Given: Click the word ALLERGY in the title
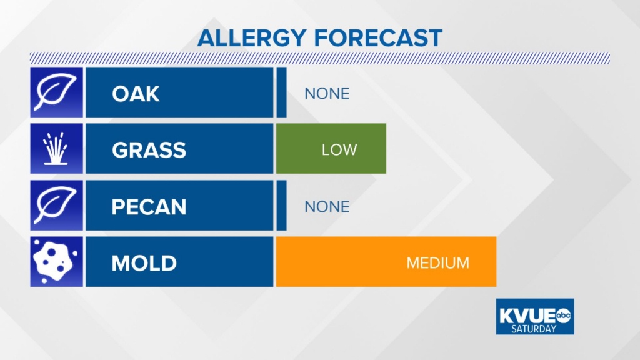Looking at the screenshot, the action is pyautogui.click(x=252, y=38).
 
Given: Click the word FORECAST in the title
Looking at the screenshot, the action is pyautogui.click(x=378, y=38).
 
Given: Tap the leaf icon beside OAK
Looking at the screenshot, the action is pyautogui.click(x=55, y=92).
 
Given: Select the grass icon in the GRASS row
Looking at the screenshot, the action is pyautogui.click(x=56, y=148).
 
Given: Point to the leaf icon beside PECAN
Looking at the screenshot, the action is pyautogui.click(x=55, y=205).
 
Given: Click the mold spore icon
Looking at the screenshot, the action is pyautogui.click(x=54, y=262).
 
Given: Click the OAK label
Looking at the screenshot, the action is pyautogui.click(x=136, y=94).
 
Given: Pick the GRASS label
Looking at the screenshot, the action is pyautogui.click(x=149, y=150).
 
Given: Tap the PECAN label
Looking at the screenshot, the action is pyautogui.click(x=149, y=206).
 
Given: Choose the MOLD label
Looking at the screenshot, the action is pyautogui.click(x=144, y=263).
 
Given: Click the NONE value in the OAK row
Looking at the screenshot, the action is pyautogui.click(x=327, y=94).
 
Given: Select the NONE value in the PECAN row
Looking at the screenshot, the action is pyautogui.click(x=327, y=207).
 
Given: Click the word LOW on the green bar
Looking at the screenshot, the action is pyautogui.click(x=339, y=150).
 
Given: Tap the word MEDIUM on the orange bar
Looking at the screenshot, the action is pyautogui.click(x=438, y=263).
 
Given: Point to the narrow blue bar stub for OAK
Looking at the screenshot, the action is pyautogui.click(x=281, y=92).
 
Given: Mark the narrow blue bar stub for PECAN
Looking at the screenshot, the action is pyautogui.click(x=281, y=205).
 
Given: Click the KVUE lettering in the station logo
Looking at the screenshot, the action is pyautogui.click(x=527, y=316).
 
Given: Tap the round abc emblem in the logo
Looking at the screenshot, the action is pyautogui.click(x=564, y=316).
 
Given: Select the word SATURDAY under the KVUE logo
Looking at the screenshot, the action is pyautogui.click(x=534, y=329).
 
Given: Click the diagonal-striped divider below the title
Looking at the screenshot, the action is pyautogui.click(x=320, y=58).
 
